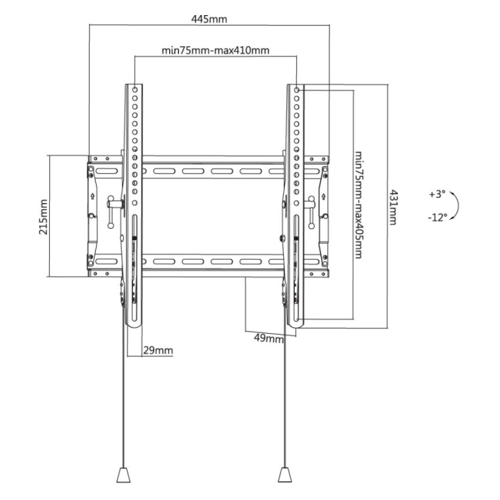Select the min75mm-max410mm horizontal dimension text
coord(216,51)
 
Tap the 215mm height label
coord(43,217)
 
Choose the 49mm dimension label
coord(270,338)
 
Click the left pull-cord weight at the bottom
coord(122,476)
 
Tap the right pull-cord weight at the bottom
coord(284,476)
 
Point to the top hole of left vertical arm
coord(134,89)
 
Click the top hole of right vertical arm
coord(296,89)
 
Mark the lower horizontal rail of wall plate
coord(211,262)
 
